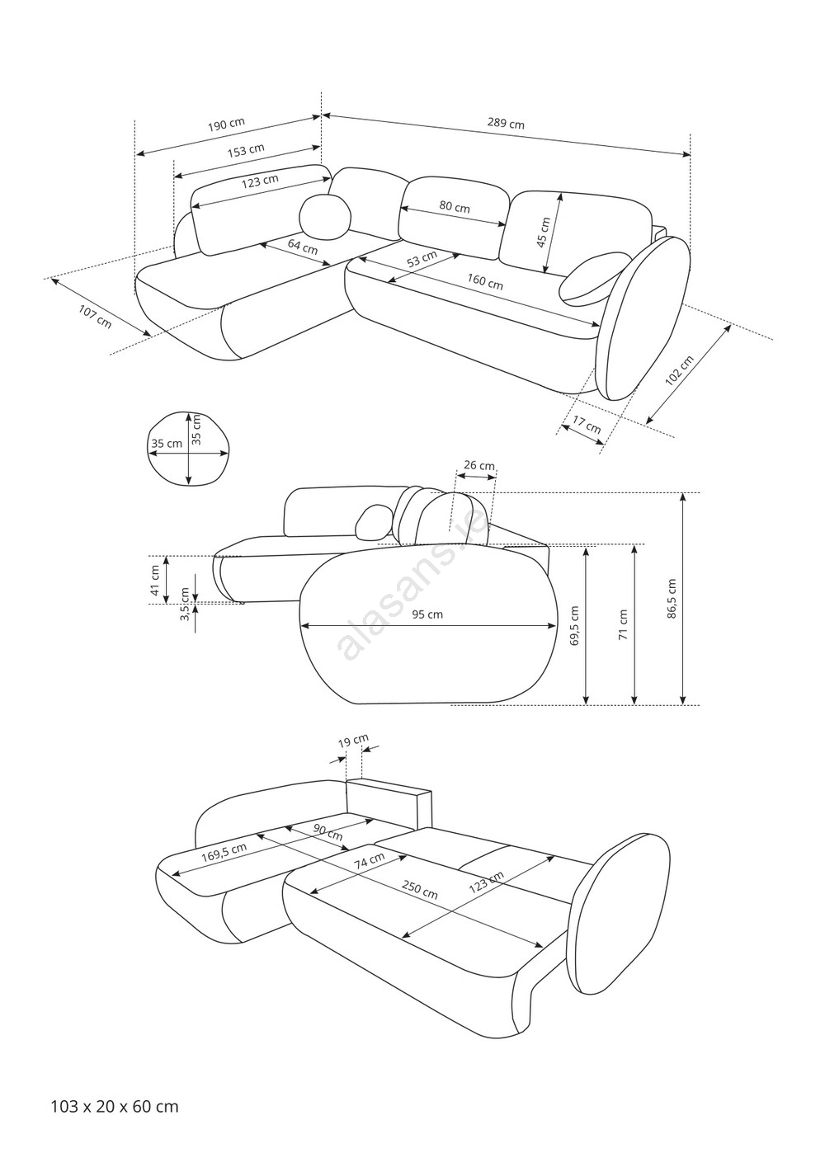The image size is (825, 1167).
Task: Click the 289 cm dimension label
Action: coord(506,124)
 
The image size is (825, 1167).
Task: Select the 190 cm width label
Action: coord(226,125)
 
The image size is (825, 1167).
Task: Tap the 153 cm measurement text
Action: coord(246,150)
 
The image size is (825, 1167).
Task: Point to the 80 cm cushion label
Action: coord(455,207)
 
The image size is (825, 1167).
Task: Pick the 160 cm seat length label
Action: coord(484,282)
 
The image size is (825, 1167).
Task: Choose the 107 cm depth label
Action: coord(96,317)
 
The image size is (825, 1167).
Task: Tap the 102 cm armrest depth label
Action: coord(680,370)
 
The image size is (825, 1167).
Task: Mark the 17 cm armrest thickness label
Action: coord(587,425)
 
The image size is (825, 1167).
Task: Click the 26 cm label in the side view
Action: coord(479,465)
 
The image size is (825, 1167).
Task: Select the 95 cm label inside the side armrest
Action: coord(427,614)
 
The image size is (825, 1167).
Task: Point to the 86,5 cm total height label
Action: coord(672,599)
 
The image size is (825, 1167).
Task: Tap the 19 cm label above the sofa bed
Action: coord(353,741)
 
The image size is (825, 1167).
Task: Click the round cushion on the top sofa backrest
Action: coord(325,218)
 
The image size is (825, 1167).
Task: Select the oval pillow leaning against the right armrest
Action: coord(595,280)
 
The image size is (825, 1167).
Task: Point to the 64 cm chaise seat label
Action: coord(303,246)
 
